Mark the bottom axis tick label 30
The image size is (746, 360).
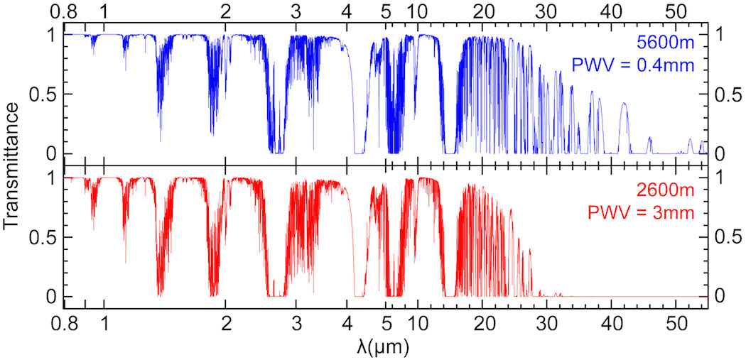546,324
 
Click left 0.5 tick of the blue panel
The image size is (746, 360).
41,94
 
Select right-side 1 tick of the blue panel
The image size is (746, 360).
719,34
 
